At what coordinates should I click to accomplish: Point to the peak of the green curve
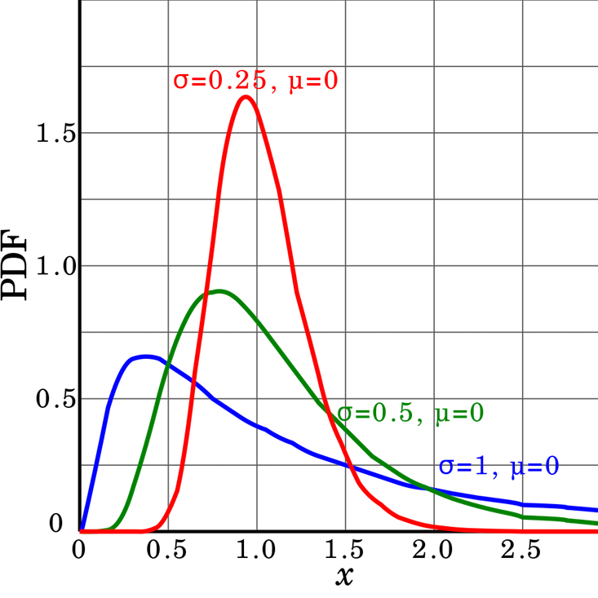pos(218,291)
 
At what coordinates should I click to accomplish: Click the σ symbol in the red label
pos(180,81)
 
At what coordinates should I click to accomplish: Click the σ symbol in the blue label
pos(445,467)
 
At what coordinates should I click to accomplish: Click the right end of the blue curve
pos(596,509)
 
